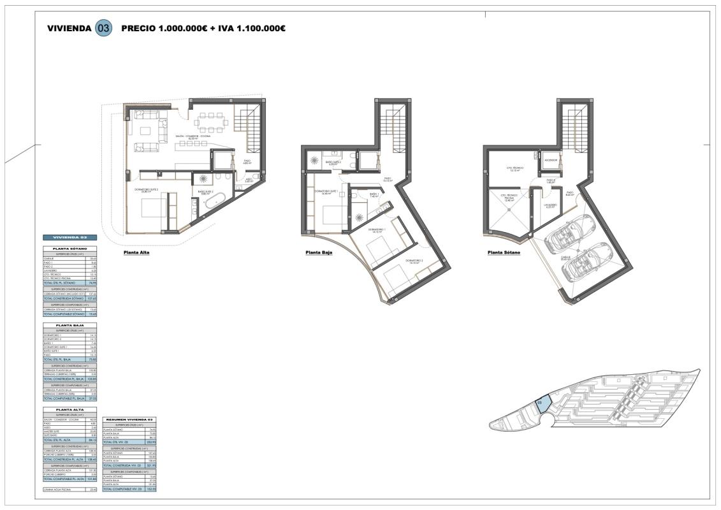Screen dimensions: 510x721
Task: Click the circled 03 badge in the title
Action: (x=103, y=29)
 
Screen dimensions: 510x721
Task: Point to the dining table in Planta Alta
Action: (x=209, y=120)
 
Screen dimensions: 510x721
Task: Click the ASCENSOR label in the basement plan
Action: (x=551, y=160)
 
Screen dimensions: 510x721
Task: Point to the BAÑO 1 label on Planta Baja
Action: (x=374, y=194)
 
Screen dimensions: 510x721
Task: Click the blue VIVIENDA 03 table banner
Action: (x=69, y=237)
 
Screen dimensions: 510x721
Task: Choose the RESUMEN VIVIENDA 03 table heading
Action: (x=129, y=419)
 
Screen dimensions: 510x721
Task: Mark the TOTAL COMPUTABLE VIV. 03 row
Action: (x=129, y=488)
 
